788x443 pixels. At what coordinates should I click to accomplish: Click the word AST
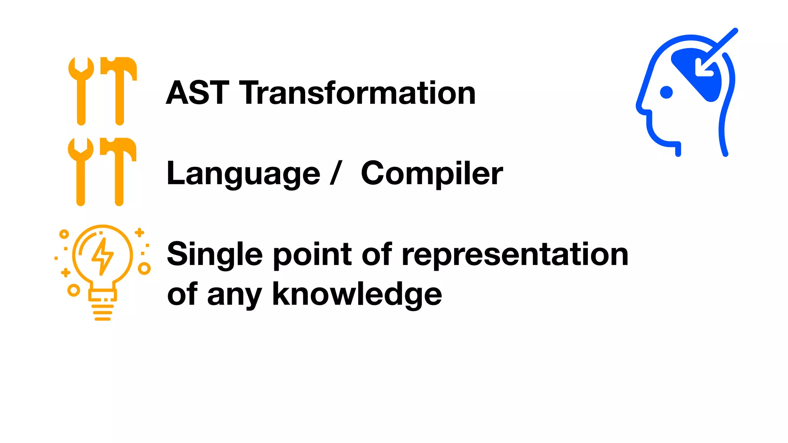[x=197, y=93]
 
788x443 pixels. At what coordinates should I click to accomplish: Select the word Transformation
[x=357, y=93]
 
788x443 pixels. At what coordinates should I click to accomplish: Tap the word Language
[x=243, y=174]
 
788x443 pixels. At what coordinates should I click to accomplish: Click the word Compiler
[x=431, y=174]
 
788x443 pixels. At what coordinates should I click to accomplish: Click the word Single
[x=215, y=255]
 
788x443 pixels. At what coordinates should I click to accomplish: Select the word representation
[x=515, y=255]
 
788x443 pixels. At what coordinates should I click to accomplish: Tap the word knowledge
[x=357, y=294]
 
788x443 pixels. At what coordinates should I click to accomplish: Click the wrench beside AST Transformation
[x=81, y=90]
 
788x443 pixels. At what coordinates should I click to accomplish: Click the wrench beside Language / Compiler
[x=81, y=171]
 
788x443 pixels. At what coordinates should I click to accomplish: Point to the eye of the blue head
[x=666, y=92]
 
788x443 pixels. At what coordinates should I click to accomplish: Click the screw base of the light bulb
[x=102, y=310]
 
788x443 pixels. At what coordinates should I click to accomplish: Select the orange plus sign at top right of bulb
[x=139, y=232]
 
